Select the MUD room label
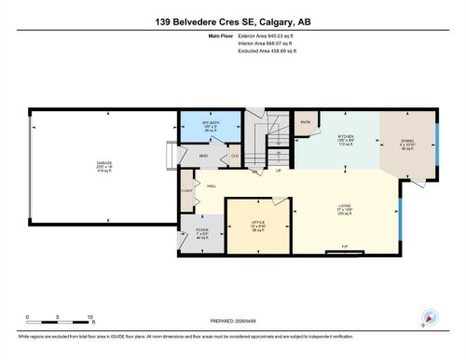click(x=202, y=156)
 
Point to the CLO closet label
click(x=235, y=156)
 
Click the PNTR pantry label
click(x=305, y=121)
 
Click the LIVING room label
click(x=343, y=208)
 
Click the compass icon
click(x=430, y=317)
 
